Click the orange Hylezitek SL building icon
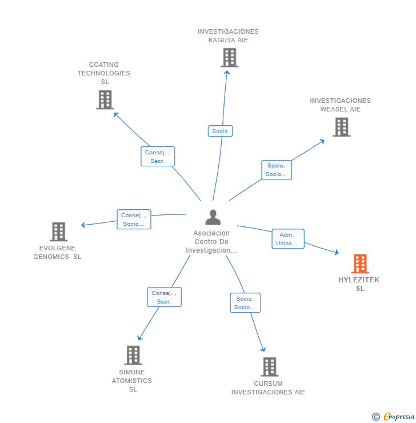point(360,264)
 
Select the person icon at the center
point(213,218)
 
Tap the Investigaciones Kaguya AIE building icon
point(229,58)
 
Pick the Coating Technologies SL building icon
point(105,100)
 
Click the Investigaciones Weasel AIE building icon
point(342,127)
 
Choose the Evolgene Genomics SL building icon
point(58,232)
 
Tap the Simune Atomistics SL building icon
point(133,355)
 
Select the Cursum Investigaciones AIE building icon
point(269,366)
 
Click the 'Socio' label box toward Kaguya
point(220,131)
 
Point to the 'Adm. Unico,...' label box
point(288,239)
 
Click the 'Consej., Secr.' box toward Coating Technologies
point(158,157)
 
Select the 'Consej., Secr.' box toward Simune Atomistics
point(164,297)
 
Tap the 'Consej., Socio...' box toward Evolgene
point(134,220)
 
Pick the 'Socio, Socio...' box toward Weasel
point(277,170)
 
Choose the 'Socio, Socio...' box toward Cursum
point(245,303)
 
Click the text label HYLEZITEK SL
point(359,284)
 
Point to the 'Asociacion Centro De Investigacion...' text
point(211,242)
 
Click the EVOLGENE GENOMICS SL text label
point(57,252)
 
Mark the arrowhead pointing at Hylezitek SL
point(337,252)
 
